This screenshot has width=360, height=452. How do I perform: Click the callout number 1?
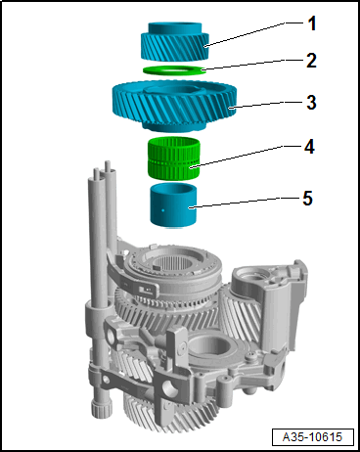click(312, 23)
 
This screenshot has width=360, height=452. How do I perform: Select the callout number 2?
click(311, 61)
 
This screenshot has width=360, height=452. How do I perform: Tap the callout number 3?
click(311, 102)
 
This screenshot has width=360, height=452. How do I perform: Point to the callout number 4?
click(309, 147)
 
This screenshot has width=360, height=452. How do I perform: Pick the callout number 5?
click(307, 198)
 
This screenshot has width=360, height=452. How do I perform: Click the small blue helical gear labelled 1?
click(175, 42)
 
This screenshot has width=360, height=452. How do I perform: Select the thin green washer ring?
click(174, 69)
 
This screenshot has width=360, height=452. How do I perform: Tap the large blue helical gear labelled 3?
click(174, 106)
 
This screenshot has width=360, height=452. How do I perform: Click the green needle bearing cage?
click(173, 158)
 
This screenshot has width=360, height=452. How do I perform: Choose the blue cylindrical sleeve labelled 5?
click(173, 205)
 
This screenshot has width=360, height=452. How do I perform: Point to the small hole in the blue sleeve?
click(163, 210)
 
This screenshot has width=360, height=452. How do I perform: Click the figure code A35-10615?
click(312, 436)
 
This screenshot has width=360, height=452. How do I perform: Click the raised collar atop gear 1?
click(175, 27)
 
